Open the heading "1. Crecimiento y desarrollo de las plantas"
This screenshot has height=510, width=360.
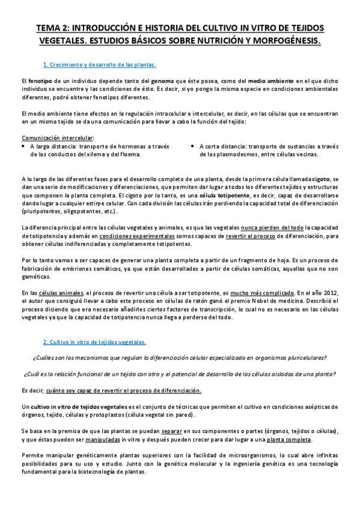[100, 64]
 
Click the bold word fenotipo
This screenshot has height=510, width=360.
[40, 81]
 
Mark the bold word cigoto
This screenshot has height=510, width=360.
[320, 180]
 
